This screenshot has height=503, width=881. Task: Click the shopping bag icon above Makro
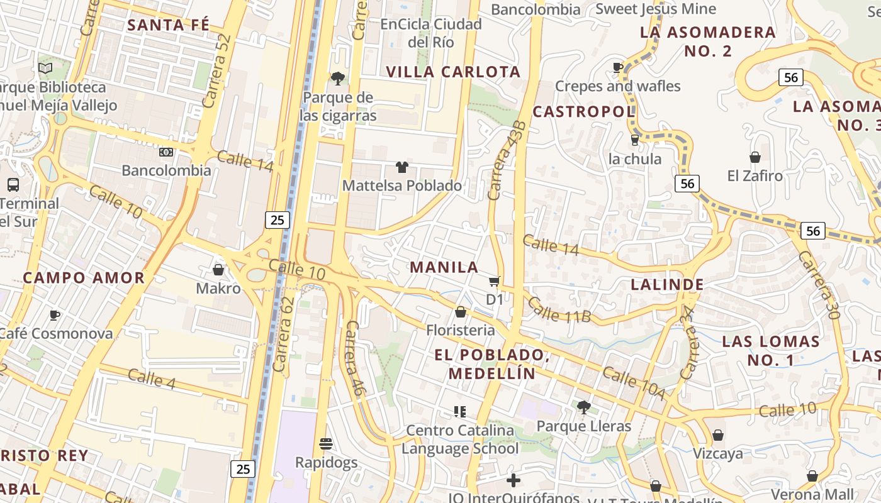pyautogui.click(x=218, y=270)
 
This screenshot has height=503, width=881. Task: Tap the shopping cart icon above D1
pyautogui.click(x=495, y=281)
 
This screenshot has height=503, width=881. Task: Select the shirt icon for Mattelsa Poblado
pyautogui.click(x=402, y=167)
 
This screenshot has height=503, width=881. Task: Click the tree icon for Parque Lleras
pyautogui.click(x=583, y=407)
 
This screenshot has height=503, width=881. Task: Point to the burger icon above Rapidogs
pyautogui.click(x=326, y=444)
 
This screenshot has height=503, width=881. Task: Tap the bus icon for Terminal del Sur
pyautogui.click(x=13, y=185)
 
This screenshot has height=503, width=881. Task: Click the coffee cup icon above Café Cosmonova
pyautogui.click(x=55, y=315)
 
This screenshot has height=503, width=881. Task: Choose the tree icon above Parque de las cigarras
pyautogui.click(x=338, y=79)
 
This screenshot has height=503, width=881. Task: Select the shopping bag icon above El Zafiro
pyautogui.click(x=755, y=157)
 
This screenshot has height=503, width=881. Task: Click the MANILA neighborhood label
pyautogui.click(x=444, y=267)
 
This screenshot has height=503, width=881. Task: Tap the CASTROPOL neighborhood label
pyautogui.click(x=583, y=112)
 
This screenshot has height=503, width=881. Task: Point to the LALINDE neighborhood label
pyautogui.click(x=667, y=285)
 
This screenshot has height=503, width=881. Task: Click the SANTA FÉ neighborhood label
pyautogui.click(x=168, y=25)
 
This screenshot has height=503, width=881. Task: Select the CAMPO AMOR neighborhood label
pyautogui.click(x=84, y=278)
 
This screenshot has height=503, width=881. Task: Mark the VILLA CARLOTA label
pyautogui.click(x=453, y=72)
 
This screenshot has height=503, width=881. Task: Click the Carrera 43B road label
pyautogui.click(x=507, y=161)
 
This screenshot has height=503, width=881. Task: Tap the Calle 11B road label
pyautogui.click(x=559, y=310)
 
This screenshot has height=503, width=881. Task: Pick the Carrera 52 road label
pyautogui.click(x=217, y=70)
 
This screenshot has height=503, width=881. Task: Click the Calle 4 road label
pyautogui.click(x=151, y=379)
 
